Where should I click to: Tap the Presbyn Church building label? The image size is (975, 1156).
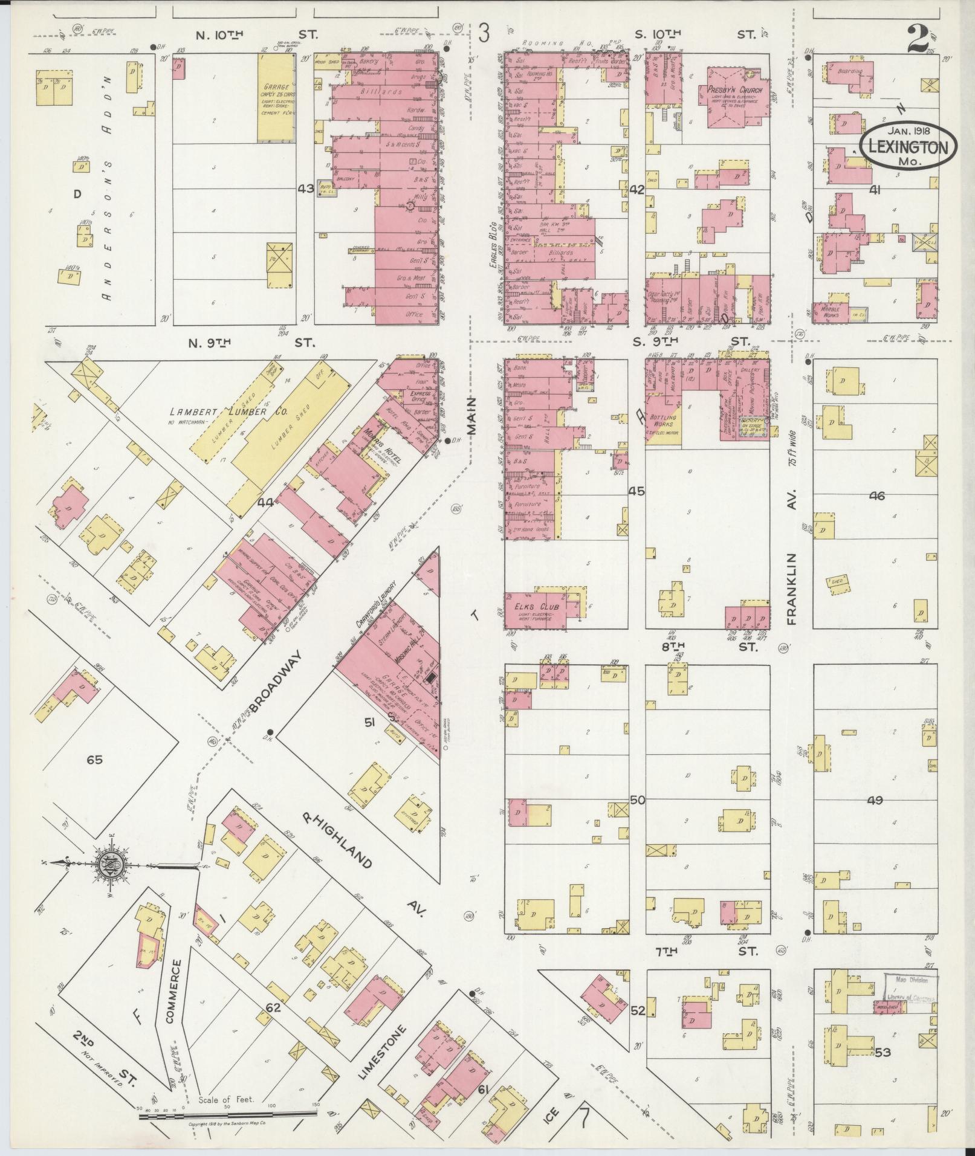[x=734, y=89]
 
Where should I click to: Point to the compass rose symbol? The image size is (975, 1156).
[x=114, y=864]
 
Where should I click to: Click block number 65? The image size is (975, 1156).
[x=94, y=760]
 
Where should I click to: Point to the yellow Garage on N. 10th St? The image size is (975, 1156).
[x=276, y=97]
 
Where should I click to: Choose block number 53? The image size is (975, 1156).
[x=883, y=1052]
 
